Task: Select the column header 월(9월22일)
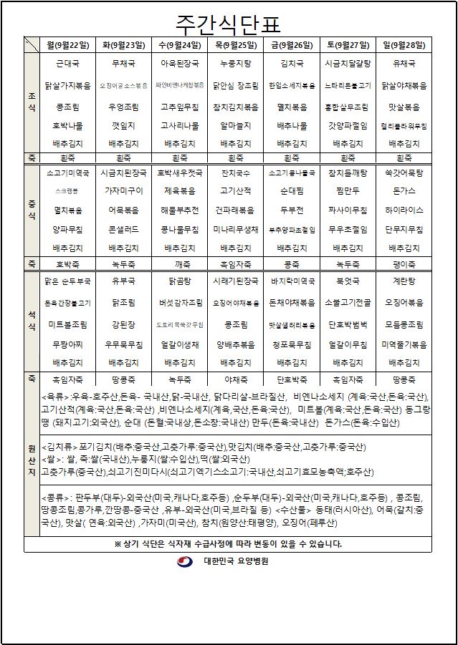tap(68, 44)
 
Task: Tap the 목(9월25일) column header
tap(236, 44)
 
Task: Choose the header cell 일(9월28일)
tap(404, 44)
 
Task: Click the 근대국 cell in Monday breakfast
tap(68, 64)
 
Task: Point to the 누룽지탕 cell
tap(236, 64)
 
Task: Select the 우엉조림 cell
tap(124, 107)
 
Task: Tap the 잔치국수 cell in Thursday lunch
tap(236, 173)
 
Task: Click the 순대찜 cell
tap(292, 191)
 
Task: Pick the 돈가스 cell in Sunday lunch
tap(404, 191)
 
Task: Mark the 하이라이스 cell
tap(404, 210)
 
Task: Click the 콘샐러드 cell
tap(124, 230)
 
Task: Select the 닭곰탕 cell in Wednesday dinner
tap(180, 282)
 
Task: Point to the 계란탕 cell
tap(404, 282)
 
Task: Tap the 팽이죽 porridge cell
tap(404, 263)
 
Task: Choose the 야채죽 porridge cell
tap(236, 378)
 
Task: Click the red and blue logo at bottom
tap(185, 562)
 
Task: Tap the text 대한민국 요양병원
tap(236, 562)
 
